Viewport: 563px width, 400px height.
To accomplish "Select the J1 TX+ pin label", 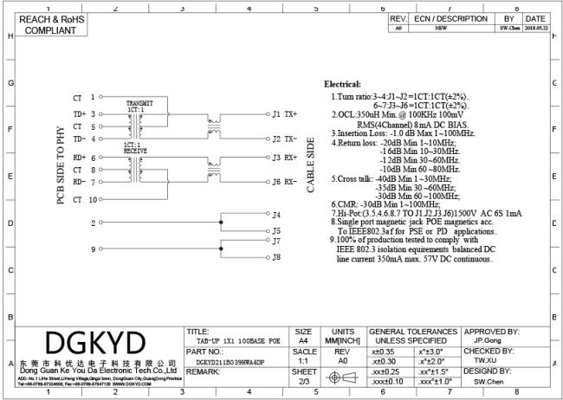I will tap(284, 113).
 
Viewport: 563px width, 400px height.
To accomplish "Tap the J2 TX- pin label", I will tap(284, 139).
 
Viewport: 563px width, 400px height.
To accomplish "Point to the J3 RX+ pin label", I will tap(284, 158).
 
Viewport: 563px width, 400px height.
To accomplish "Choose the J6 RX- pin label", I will tap(284, 181).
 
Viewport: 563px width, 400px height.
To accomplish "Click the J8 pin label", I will tap(276, 256).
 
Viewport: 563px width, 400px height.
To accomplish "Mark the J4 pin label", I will tap(276, 214).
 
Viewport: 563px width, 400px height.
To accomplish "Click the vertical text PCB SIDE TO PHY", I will tap(61, 164).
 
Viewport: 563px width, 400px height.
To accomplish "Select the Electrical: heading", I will tap(342, 84).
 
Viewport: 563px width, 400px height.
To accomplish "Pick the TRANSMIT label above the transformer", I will tap(139, 102).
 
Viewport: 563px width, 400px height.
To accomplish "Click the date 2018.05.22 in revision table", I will tap(535, 28).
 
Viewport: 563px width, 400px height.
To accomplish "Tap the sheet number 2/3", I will tap(304, 380).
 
